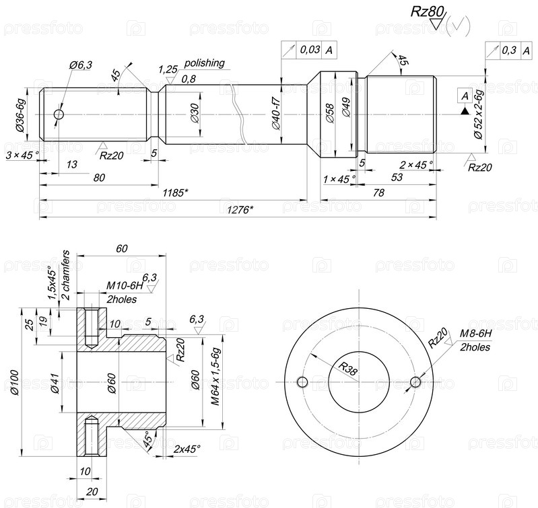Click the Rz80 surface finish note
(427, 11)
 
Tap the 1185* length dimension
(175, 193)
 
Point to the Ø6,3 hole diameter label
(81, 65)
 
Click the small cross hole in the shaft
(59, 114)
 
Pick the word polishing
(205, 63)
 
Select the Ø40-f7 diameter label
(277, 113)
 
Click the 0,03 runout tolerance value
(310, 50)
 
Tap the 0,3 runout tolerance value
(509, 50)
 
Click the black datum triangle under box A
(465, 110)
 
